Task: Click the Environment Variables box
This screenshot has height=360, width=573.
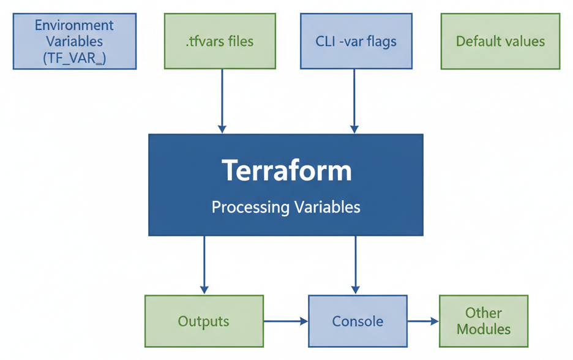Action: tap(74, 42)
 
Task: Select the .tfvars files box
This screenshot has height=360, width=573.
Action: tap(220, 42)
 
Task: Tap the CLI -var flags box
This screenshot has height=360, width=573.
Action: tap(356, 42)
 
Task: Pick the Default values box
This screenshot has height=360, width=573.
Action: tap(500, 42)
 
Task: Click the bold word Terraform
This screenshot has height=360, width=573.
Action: tap(286, 170)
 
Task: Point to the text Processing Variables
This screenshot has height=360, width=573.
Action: tap(286, 207)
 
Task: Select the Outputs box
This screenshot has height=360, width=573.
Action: tap(204, 321)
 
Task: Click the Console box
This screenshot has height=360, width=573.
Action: tap(358, 321)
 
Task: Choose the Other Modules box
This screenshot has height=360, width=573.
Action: tap(484, 321)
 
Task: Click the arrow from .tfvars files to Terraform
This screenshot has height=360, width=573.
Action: tap(222, 101)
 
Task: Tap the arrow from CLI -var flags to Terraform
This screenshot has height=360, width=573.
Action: tap(354, 101)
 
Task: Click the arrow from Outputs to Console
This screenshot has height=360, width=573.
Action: tap(285, 321)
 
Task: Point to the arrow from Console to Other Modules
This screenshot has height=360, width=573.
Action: tap(423, 321)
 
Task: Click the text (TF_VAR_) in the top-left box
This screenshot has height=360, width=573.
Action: tap(74, 59)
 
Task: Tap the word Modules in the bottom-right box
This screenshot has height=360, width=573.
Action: tap(484, 329)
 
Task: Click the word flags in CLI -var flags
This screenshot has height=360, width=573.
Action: tap(381, 42)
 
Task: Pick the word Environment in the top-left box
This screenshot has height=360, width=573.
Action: tap(74, 26)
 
